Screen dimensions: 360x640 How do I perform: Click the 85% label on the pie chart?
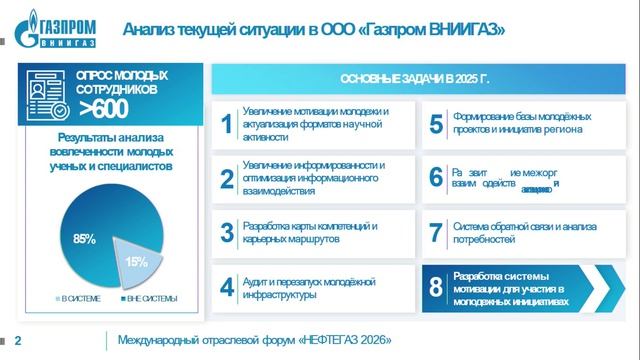click(x=84, y=239)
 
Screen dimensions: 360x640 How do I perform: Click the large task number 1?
click(x=227, y=124)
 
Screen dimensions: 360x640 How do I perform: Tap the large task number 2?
click(x=227, y=178)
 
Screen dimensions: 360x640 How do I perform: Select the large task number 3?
click(x=227, y=233)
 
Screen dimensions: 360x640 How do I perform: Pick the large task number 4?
click(x=227, y=288)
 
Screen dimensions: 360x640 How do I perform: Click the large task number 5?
click(x=435, y=124)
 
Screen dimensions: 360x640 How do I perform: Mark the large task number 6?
click(x=435, y=178)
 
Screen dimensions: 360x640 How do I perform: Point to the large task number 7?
click(x=435, y=233)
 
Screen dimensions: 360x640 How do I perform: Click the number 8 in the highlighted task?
click(x=435, y=288)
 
